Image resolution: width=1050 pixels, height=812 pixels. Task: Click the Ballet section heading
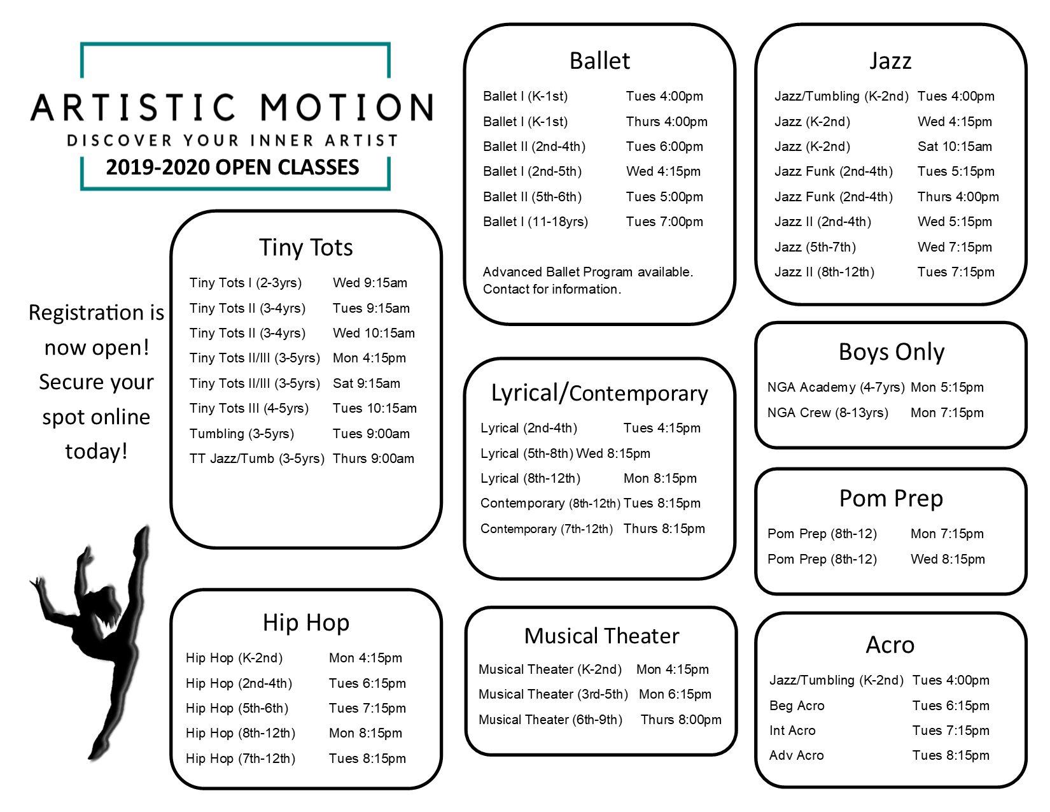pos(599,61)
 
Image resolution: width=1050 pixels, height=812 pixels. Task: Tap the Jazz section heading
pos(890,61)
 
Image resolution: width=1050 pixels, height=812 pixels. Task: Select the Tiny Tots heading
pos(305,247)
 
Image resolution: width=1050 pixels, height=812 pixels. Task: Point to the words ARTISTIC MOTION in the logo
pos(232,108)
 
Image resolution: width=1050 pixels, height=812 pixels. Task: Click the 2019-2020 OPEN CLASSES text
pos(232,167)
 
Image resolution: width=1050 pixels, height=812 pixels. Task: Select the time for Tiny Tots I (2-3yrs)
pos(370,283)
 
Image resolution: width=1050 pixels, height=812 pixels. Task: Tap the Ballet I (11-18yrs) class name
pos(535,222)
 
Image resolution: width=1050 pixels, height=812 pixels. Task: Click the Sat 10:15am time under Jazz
pos(955,146)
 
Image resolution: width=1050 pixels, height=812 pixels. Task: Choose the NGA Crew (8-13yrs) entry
pos(827,413)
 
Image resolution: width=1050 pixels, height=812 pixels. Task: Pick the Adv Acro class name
pos(796,755)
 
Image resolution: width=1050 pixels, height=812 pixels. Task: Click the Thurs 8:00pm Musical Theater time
pos(680,720)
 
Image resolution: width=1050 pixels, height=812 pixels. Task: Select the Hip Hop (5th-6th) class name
pos(237,708)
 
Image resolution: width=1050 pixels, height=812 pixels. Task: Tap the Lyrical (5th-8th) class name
pos(526,453)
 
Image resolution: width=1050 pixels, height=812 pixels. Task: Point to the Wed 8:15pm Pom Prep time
pos(948,559)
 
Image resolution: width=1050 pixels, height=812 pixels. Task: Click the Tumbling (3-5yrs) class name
pos(241,434)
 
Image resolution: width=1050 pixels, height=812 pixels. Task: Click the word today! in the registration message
pos(96,451)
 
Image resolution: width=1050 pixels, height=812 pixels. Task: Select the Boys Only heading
pos(891,352)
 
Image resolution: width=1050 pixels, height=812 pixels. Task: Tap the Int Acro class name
pos(792,730)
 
